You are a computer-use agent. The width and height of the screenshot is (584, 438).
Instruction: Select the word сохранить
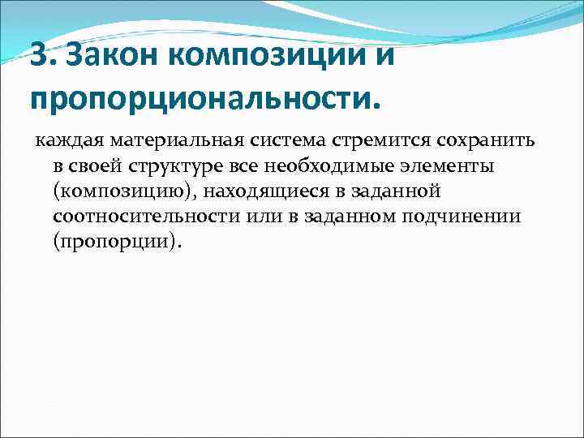click(x=464, y=142)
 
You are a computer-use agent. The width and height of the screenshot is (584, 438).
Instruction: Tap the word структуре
click(x=160, y=168)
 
